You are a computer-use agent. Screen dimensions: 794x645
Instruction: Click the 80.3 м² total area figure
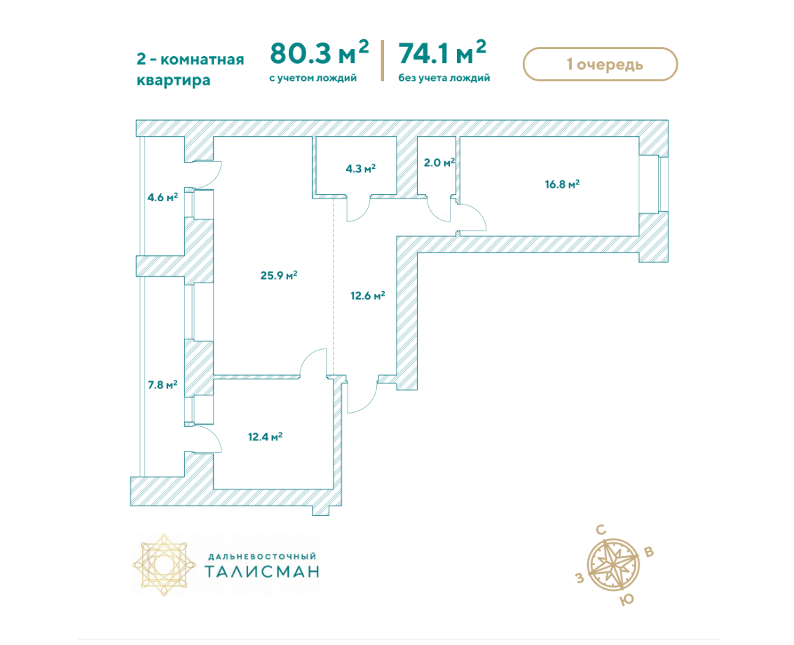tap(320, 53)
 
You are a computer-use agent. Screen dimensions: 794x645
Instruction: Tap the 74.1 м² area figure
tap(442, 53)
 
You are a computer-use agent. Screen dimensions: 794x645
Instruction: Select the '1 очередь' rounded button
tap(600, 64)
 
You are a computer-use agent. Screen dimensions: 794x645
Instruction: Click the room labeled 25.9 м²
tap(278, 275)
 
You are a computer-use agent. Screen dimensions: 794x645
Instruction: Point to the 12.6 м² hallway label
tap(368, 295)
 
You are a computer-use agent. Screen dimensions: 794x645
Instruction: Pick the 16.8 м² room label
tap(562, 184)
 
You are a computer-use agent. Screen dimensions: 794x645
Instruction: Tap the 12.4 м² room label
tap(265, 436)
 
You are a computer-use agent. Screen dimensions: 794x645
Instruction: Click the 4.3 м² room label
tap(360, 168)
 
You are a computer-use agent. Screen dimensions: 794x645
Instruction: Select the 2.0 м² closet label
tap(439, 163)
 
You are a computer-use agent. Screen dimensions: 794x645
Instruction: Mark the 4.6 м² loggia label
tap(163, 197)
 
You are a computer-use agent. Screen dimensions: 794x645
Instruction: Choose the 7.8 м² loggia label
tap(163, 385)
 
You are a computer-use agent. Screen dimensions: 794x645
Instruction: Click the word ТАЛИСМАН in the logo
tap(262, 571)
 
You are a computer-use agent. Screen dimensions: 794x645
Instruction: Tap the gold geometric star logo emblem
tap(164, 564)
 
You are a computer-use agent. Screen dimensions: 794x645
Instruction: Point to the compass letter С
tap(601, 530)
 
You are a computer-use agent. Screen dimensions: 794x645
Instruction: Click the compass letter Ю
tap(627, 600)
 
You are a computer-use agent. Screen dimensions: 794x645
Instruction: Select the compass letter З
tap(580, 578)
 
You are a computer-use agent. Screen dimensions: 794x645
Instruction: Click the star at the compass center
tap(614, 564)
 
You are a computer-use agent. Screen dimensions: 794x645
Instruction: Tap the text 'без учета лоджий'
tap(444, 78)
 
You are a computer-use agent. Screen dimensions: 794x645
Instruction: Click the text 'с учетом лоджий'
tap(313, 78)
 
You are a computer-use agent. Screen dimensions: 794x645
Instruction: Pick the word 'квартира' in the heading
tap(174, 81)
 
